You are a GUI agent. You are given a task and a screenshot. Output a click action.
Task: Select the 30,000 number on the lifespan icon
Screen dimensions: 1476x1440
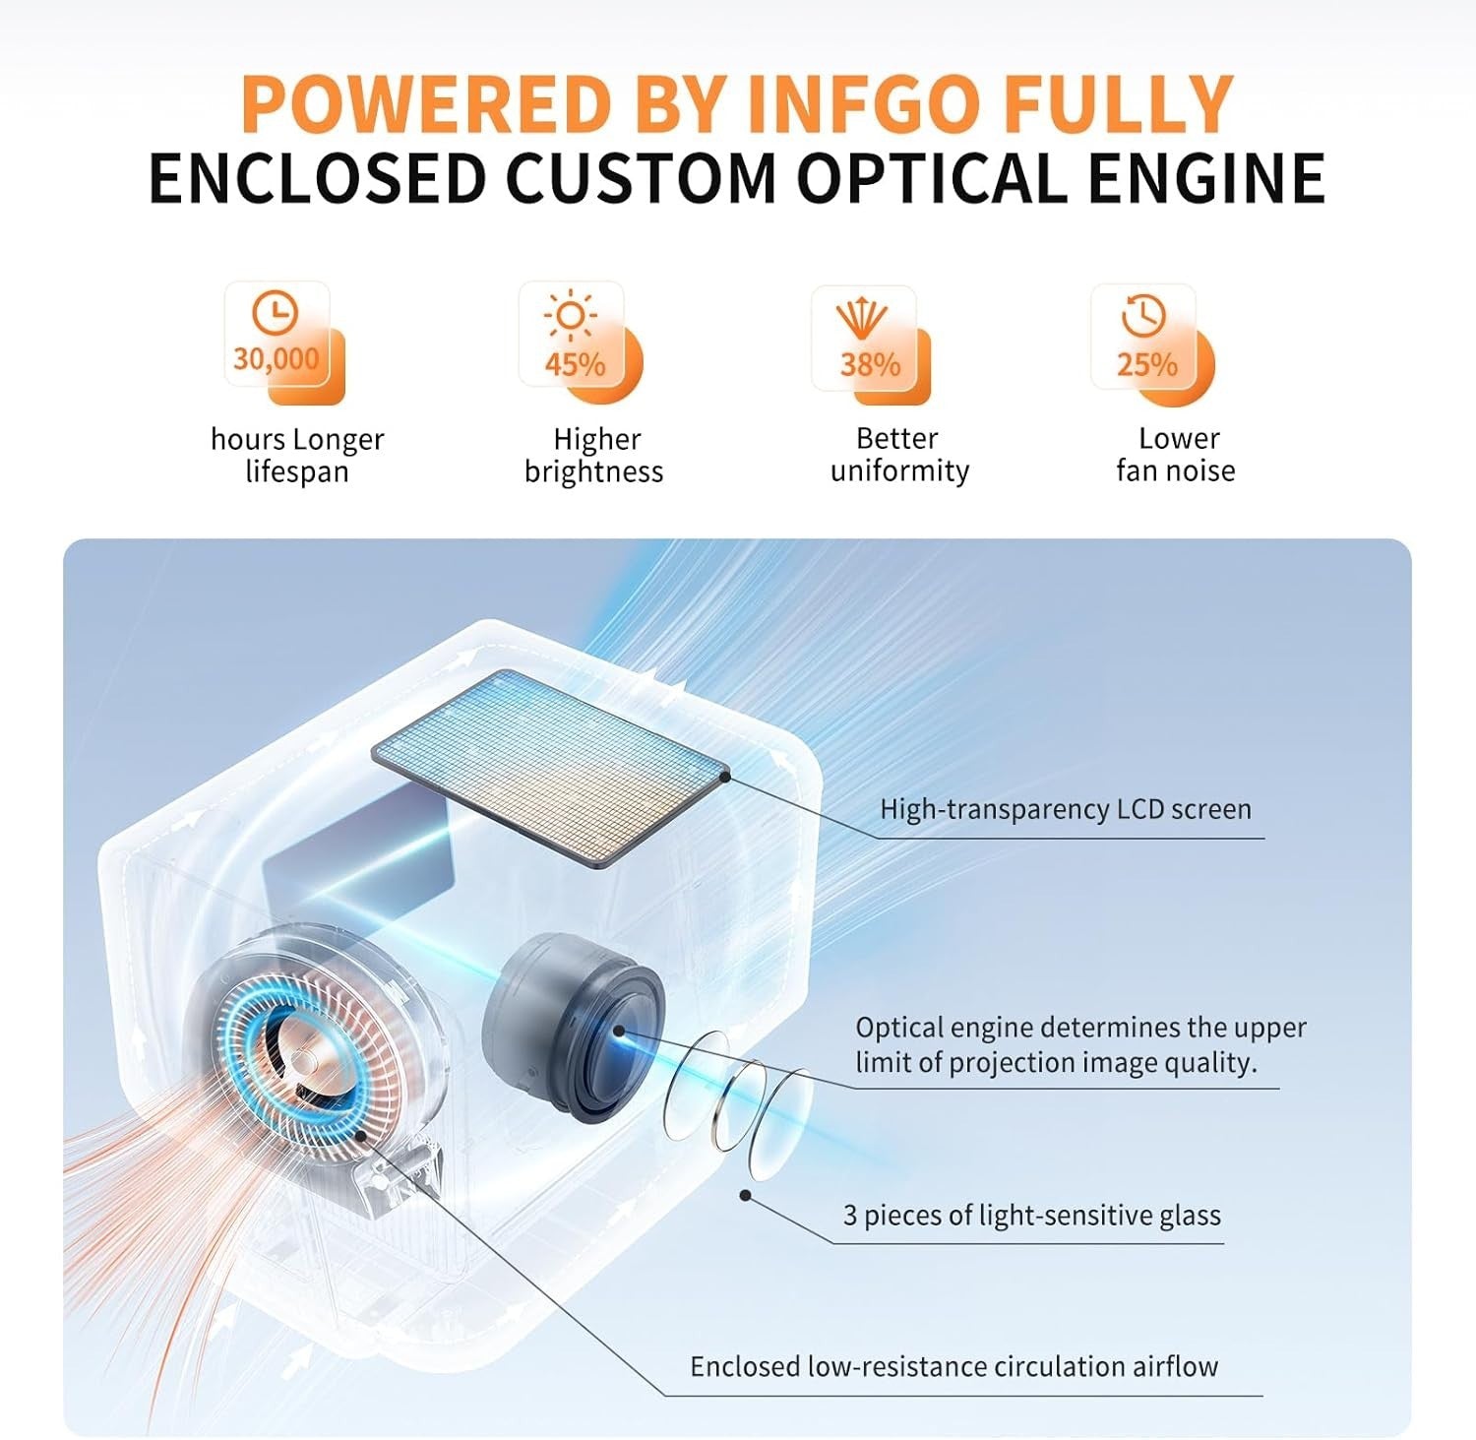277,358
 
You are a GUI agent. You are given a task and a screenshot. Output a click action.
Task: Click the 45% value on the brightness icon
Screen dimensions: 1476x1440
575,365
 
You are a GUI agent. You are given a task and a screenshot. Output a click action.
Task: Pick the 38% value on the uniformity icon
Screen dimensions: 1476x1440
870,365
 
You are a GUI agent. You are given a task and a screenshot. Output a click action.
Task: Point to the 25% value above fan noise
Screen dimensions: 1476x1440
1146,365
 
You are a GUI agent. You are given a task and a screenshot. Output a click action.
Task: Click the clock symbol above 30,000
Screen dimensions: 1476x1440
276,312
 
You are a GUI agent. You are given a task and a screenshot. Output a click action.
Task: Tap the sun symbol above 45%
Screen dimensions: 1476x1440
571,316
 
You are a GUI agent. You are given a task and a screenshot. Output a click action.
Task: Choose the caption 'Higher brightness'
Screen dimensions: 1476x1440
594,455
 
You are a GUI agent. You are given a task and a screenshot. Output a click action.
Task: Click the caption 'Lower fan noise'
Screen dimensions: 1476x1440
1176,454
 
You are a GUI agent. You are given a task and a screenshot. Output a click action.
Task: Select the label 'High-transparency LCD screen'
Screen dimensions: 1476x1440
1066,809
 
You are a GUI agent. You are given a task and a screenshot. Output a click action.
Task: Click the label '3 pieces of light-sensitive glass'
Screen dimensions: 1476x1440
1032,1216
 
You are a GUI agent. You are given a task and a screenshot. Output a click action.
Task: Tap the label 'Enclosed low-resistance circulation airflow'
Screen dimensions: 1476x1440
954,1366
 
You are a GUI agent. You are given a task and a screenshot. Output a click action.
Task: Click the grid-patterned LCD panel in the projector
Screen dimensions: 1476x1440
551,766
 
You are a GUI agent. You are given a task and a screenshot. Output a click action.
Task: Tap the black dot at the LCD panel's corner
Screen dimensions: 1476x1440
724,776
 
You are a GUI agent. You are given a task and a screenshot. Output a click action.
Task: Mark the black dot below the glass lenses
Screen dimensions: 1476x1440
746,1195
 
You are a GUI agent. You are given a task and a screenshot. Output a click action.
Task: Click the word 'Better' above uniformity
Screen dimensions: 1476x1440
896,438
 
